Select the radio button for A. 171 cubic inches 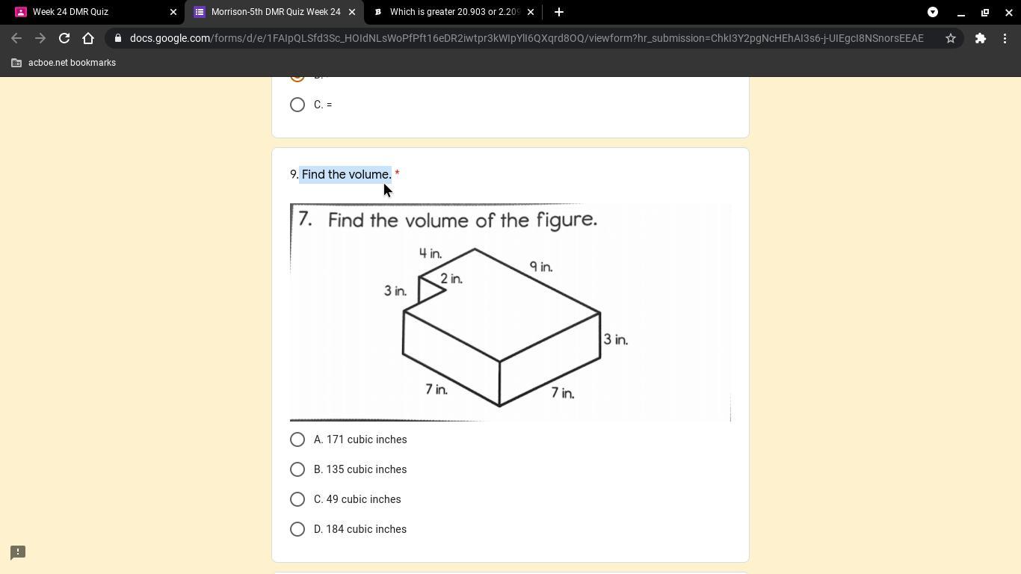pyautogui.click(x=297, y=439)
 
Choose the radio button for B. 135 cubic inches pyautogui.click(x=297, y=469)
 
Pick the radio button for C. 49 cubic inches pyautogui.click(x=297, y=499)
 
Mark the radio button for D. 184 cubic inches pyautogui.click(x=297, y=529)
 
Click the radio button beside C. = pyautogui.click(x=297, y=105)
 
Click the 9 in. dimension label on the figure pyautogui.click(x=541, y=266)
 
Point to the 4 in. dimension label pyautogui.click(x=431, y=253)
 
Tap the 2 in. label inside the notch pyautogui.click(x=451, y=279)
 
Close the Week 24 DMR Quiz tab pyautogui.click(x=173, y=12)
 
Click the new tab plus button pyautogui.click(x=559, y=12)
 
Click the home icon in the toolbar pyautogui.click(x=88, y=38)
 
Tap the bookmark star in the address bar pyautogui.click(x=950, y=38)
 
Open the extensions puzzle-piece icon pyautogui.click(x=980, y=38)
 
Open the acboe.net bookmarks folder pyautogui.click(x=64, y=63)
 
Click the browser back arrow pyautogui.click(x=16, y=38)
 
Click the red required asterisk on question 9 pyautogui.click(x=397, y=173)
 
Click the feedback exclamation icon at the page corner pyautogui.click(x=18, y=552)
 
